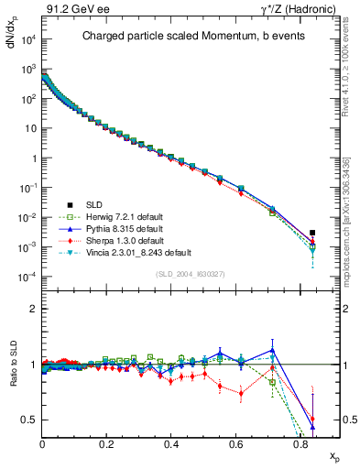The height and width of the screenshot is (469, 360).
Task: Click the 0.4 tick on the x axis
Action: [171, 443]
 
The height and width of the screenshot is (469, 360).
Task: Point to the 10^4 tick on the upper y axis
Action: [29, 40]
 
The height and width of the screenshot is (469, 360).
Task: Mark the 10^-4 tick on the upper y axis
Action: [29, 277]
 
